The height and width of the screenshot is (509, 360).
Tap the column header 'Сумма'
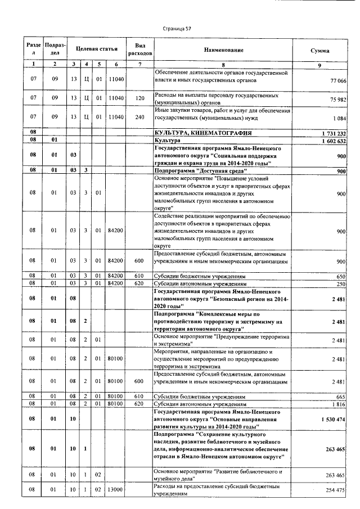pyautogui.click(x=320, y=51)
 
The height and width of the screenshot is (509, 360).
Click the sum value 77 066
pyautogui.click(x=337, y=82)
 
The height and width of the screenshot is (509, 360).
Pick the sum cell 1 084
pyautogui.click(x=340, y=119)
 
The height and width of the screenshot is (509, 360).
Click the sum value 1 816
pyautogui.click(x=339, y=404)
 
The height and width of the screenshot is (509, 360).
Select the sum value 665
pyautogui.click(x=341, y=397)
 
